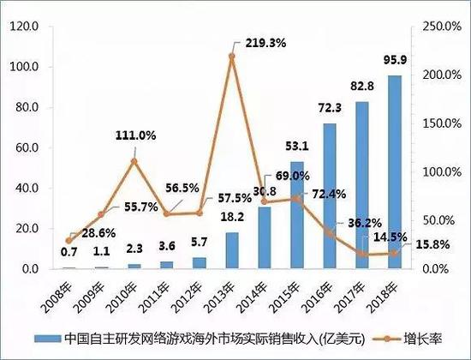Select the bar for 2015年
[x=297, y=214]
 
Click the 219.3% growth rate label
[x=265, y=41]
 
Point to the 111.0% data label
[x=134, y=135]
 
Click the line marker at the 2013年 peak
[x=232, y=57]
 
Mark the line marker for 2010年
[x=134, y=161]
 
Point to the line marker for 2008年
[x=69, y=241]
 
